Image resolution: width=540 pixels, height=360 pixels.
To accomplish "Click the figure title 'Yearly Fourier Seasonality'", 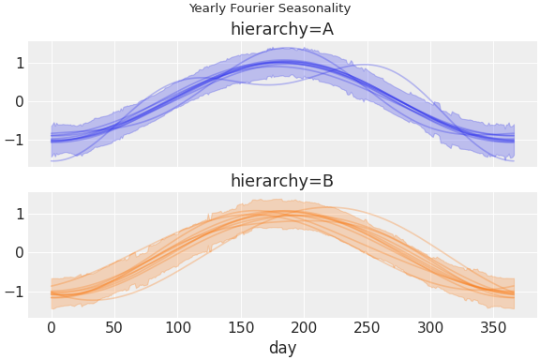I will (270, 8).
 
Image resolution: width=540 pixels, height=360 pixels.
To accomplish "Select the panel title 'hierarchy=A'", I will (282, 29).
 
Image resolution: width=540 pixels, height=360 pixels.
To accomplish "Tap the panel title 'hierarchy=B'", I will (282, 181).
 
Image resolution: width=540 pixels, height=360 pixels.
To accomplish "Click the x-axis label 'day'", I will (282, 348).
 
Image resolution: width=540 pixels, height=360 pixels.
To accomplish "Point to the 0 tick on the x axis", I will (52, 327).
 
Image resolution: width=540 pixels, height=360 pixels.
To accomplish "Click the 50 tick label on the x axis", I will (114, 327).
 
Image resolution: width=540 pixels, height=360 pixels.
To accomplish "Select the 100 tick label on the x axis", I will (178, 327).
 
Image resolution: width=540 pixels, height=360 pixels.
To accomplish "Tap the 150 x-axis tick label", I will (241, 327).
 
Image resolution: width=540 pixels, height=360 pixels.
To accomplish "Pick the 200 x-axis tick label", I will (305, 327).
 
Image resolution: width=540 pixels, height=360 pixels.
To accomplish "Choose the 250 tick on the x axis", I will (367, 327).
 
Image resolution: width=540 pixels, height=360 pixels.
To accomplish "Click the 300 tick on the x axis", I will (431, 327).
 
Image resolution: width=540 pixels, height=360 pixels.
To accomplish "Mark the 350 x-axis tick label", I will (494, 327).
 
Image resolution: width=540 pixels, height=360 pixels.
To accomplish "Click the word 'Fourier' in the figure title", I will (252, 8).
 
